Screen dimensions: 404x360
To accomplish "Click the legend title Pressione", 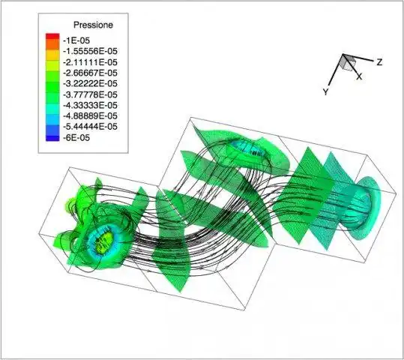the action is [93, 25].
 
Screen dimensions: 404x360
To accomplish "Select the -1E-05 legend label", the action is [76, 40].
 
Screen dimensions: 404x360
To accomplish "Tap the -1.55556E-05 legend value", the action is [90, 51].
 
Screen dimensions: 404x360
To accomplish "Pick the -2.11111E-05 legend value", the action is [90, 62].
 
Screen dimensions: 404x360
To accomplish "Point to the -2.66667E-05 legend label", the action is [90, 73].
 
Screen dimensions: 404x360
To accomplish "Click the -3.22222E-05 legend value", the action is [90, 84].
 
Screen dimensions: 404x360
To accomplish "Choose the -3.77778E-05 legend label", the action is [90, 94].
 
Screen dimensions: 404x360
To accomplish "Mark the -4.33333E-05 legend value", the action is [90, 105].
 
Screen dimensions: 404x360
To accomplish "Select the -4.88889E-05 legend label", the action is [90, 116].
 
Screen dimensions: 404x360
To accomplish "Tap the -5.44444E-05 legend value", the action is [90, 127].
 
